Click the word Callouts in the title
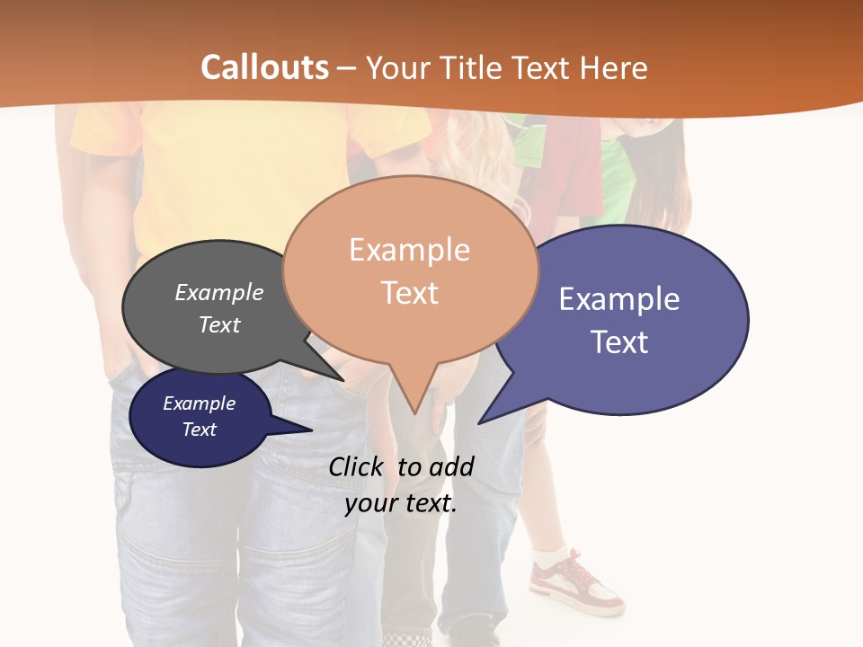pyautogui.click(x=264, y=67)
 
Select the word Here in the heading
pyautogui.click(x=613, y=67)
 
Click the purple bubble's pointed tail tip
pyautogui.click(x=480, y=421)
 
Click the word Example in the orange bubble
pyautogui.click(x=409, y=250)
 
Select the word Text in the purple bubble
pyautogui.click(x=619, y=341)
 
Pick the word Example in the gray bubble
pyautogui.click(x=219, y=292)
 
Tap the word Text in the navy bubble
pyautogui.click(x=200, y=430)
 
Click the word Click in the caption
pyautogui.click(x=355, y=466)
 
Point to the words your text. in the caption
pyautogui.click(x=401, y=503)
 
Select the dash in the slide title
pyautogui.click(x=347, y=68)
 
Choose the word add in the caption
pyautogui.click(x=452, y=466)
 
